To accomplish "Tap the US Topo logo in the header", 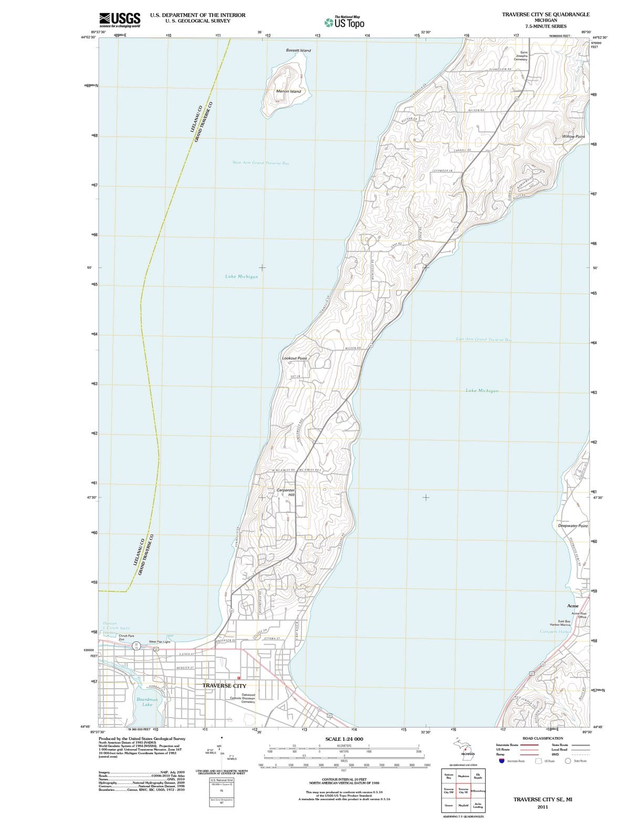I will (x=344, y=23).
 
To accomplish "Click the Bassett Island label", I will (x=298, y=50).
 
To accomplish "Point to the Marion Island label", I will (x=288, y=91).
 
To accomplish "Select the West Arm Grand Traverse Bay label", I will (x=260, y=163).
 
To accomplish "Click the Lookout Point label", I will (x=294, y=358).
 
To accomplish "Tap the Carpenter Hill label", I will (x=286, y=492).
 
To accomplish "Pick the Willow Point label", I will (x=573, y=136).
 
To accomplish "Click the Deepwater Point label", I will (x=572, y=526).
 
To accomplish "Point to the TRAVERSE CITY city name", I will (x=224, y=686).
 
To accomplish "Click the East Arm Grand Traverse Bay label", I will (x=483, y=340).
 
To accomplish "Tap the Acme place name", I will (x=573, y=606).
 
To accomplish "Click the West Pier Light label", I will (x=160, y=642).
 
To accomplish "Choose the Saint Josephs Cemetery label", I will (x=520, y=56).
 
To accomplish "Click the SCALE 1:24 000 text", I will (x=344, y=739).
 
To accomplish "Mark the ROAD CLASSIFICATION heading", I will (x=542, y=738).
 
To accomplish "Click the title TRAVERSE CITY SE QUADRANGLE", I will (x=546, y=14).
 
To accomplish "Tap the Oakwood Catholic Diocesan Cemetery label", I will (x=243, y=698).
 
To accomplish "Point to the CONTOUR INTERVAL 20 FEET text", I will (x=344, y=779).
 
